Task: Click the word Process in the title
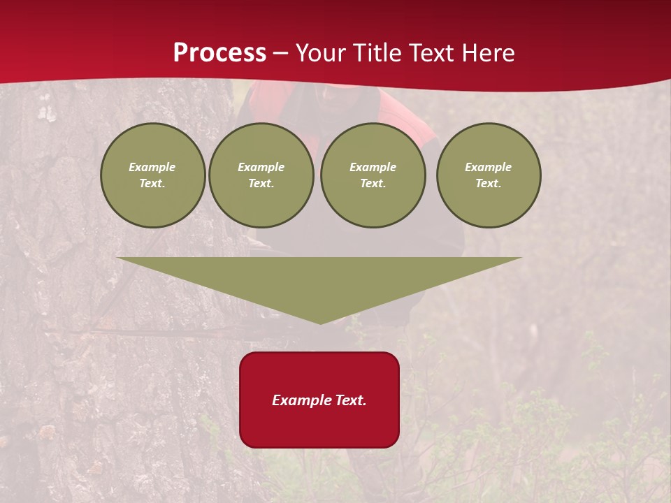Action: click(x=219, y=53)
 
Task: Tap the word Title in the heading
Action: click(x=379, y=53)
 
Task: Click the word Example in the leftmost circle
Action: click(x=152, y=167)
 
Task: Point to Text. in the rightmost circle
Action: click(x=489, y=184)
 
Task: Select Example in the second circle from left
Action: click(x=261, y=167)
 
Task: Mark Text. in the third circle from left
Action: click(x=373, y=184)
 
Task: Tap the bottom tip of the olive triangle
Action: click(x=320, y=322)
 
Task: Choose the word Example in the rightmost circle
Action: click(x=489, y=167)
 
